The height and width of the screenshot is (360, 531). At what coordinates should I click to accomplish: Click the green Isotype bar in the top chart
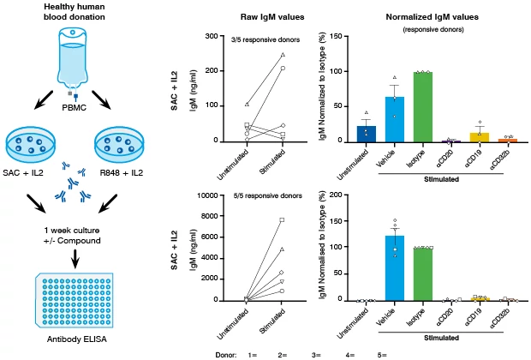point(421,107)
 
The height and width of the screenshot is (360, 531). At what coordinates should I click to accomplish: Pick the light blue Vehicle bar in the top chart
point(395,119)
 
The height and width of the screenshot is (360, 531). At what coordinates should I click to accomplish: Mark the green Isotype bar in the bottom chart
point(421,274)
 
